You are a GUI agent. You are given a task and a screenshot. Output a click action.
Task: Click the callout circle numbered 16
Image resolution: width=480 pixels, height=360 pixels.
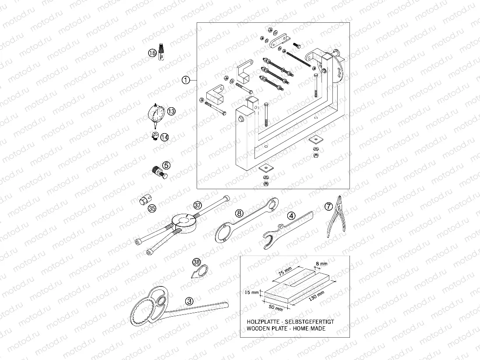tap(152, 53)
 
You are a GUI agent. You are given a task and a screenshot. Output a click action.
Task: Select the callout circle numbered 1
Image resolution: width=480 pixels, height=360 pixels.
tap(186, 80)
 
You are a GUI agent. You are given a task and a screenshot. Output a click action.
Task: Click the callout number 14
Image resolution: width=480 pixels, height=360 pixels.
tap(164, 137)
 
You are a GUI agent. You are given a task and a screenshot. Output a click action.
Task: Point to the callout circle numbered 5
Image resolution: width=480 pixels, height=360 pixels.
tap(166, 165)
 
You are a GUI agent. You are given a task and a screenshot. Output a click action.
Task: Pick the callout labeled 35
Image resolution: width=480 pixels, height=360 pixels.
tap(152, 209)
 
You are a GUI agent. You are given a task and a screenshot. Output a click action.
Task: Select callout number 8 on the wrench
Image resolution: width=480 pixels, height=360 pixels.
tap(239, 213)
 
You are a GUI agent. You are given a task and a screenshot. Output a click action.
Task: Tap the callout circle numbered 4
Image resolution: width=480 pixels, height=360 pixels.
tap(291, 215)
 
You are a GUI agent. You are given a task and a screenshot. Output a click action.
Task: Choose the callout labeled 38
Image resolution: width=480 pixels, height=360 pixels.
tap(197, 262)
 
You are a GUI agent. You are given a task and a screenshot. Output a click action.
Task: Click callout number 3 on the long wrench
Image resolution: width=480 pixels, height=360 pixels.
tap(189, 301)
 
